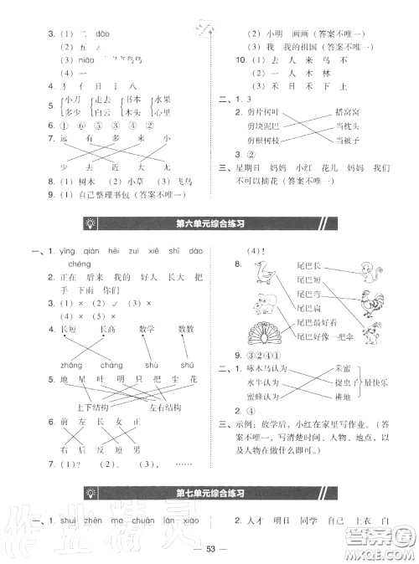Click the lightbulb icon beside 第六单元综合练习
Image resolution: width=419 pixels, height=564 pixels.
91,222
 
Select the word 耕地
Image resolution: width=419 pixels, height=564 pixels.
342,398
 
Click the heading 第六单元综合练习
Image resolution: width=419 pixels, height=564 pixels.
209,222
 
